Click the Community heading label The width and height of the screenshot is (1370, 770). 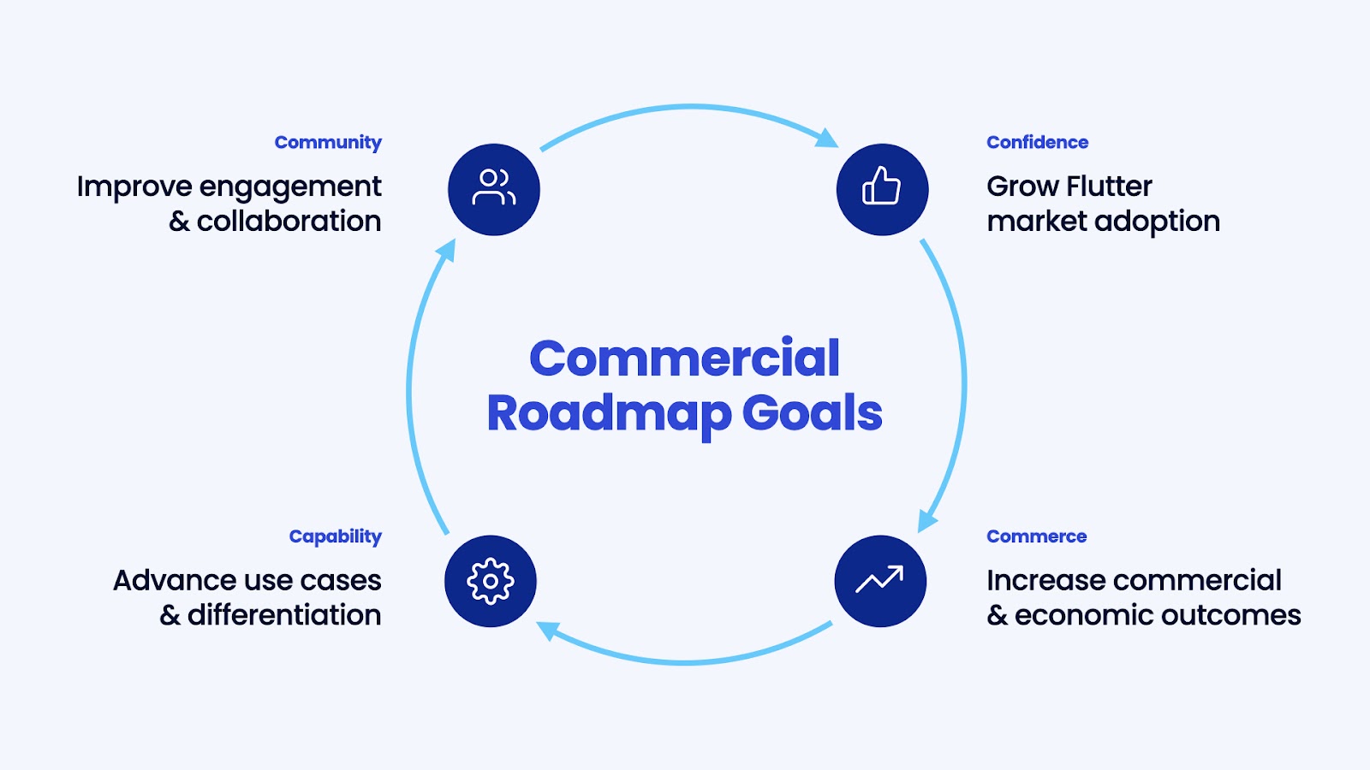tap(328, 142)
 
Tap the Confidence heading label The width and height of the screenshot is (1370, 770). tap(1037, 142)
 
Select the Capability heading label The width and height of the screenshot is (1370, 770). tap(335, 536)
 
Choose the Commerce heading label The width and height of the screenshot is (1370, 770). tap(1036, 536)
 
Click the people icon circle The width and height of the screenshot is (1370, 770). tap(494, 189)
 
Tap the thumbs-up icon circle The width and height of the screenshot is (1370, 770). tap(882, 189)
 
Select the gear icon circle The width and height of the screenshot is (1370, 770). tap(491, 581)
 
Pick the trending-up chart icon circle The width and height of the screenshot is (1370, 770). tap(880, 581)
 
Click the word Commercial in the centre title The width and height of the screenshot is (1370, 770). tap(684, 358)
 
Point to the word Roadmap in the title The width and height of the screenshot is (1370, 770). tap(609, 413)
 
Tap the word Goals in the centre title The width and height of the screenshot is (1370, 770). tap(812, 413)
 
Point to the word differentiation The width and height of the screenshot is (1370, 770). tap(284, 614)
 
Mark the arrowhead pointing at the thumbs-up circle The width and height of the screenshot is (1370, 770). tap(827, 139)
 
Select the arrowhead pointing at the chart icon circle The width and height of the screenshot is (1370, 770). tap(926, 520)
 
